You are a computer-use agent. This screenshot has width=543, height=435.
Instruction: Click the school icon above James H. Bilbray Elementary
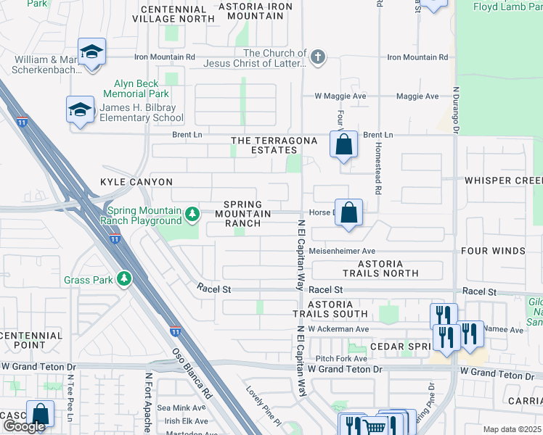(x=81, y=109)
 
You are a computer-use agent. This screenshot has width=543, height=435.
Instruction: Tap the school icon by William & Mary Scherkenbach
(x=93, y=52)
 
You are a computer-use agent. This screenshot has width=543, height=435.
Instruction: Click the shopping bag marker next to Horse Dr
(x=349, y=213)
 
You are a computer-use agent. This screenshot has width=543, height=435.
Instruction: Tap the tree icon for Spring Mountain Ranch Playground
(x=192, y=213)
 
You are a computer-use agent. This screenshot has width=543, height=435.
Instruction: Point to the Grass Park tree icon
(x=125, y=278)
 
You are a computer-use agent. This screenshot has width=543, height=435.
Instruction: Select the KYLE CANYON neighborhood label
(x=136, y=182)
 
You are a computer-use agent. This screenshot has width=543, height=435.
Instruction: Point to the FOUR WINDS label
(x=493, y=251)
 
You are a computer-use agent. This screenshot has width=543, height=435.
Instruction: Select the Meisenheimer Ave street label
(x=342, y=251)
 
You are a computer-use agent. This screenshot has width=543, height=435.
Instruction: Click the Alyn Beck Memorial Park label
(x=136, y=88)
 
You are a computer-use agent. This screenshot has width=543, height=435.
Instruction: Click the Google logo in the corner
(x=23, y=427)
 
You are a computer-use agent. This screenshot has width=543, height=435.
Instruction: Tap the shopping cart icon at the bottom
(x=374, y=426)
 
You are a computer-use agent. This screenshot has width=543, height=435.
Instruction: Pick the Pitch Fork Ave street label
(x=340, y=359)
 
